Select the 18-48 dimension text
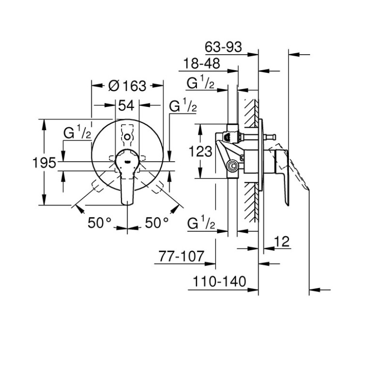(x=198, y=64)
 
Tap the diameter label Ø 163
(x=127, y=86)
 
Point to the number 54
(x=127, y=106)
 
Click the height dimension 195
(x=45, y=163)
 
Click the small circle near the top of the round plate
(x=128, y=137)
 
